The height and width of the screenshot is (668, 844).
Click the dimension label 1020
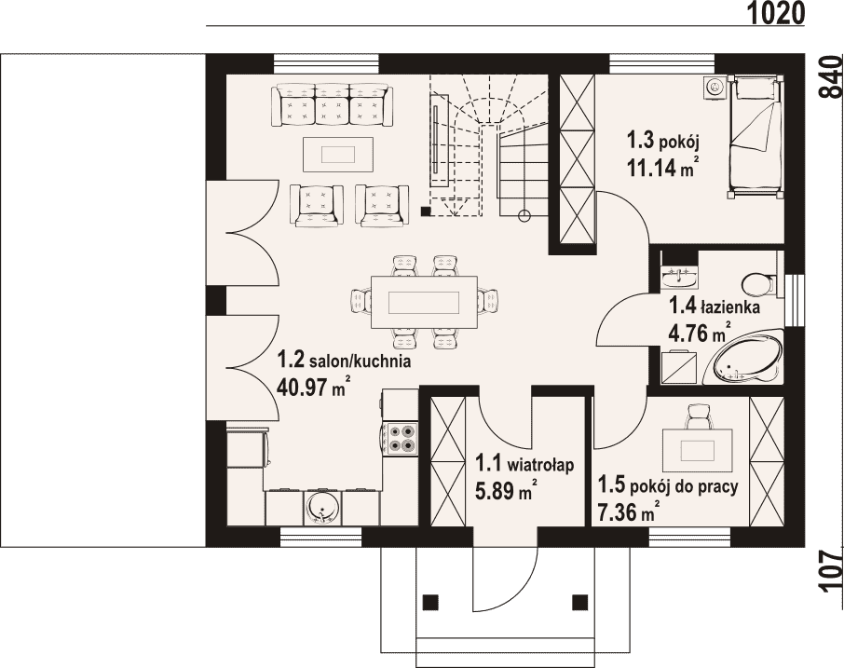click(776, 13)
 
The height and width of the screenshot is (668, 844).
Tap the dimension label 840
click(832, 75)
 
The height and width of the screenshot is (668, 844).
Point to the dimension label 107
click(832, 570)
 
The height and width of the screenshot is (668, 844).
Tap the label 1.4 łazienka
click(714, 307)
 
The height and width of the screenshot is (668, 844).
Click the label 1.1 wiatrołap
click(524, 463)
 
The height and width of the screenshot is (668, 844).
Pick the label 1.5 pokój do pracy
click(667, 486)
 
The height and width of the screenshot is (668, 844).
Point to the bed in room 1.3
click(756, 138)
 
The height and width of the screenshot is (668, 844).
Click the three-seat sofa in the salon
click(332, 105)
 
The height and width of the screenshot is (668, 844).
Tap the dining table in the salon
click(424, 302)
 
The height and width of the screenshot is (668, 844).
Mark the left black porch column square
click(430, 602)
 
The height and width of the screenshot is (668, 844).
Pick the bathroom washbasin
click(680, 278)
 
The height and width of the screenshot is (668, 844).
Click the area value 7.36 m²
click(628, 511)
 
